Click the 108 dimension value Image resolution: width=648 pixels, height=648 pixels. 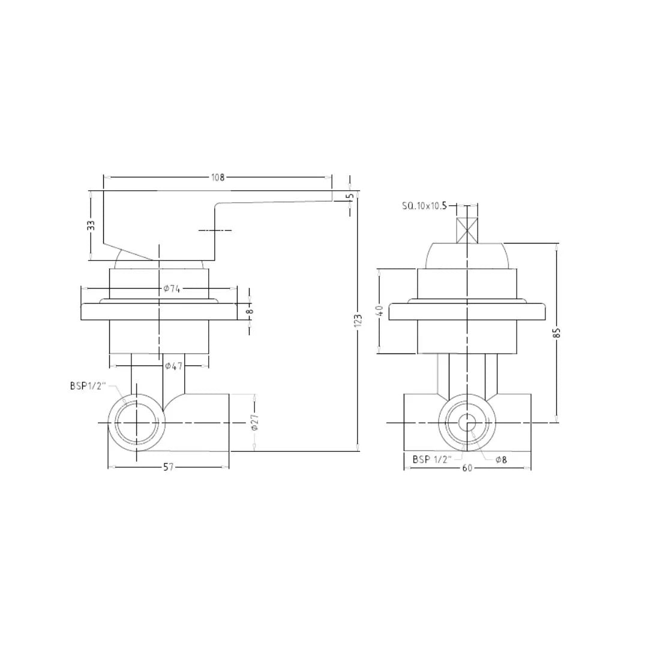tap(217, 177)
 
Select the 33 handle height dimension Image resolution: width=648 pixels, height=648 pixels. tap(91, 225)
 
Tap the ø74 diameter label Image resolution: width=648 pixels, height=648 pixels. tap(172, 289)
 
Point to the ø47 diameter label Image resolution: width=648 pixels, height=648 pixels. tap(174, 365)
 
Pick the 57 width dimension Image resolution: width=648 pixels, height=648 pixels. tap(168, 467)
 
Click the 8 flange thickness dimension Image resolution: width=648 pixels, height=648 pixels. tap(250, 310)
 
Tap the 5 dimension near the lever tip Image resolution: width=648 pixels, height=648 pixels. tap(350, 196)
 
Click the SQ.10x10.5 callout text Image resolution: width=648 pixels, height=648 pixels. tap(424, 206)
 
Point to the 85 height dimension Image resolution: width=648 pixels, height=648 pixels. tap(557, 332)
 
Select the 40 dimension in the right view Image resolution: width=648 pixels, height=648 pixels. tap(379, 311)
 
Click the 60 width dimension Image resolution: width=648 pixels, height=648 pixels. tap(467, 467)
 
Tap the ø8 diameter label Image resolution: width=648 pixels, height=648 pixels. tap(501, 460)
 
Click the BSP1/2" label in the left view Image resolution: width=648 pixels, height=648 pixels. tap(88, 386)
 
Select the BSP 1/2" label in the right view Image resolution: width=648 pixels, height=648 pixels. tap(431, 460)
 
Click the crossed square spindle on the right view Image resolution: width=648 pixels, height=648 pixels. tap(467, 230)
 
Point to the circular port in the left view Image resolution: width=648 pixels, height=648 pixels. tap(137, 423)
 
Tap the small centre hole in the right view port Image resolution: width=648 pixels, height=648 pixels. tap(467, 423)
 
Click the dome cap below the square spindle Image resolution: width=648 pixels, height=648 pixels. tap(467, 256)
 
